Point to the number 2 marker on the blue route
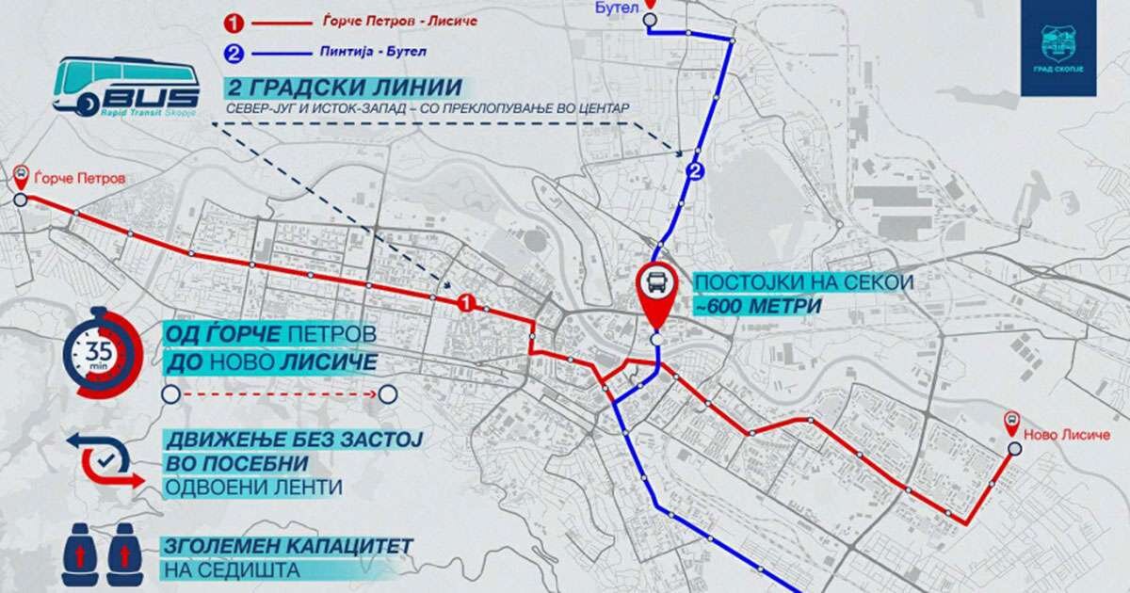(x=695, y=170)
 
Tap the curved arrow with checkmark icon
(x=102, y=458)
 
